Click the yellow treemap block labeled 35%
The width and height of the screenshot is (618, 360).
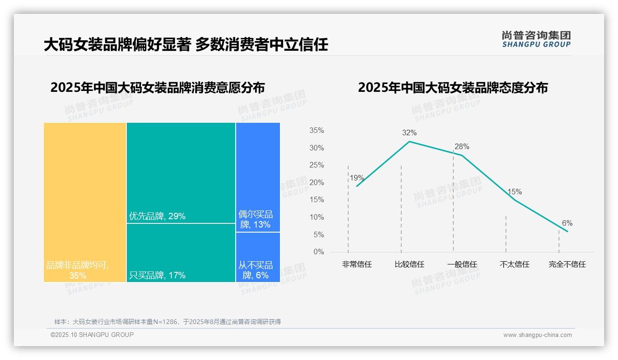tap(85, 202)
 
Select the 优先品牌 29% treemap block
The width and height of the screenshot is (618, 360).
tap(181, 173)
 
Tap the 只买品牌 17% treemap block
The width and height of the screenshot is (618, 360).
tap(181, 252)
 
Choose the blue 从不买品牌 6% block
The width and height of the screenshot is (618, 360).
tap(258, 257)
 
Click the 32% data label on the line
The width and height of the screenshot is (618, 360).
tap(409, 133)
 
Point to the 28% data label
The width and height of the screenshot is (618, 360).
tap(462, 147)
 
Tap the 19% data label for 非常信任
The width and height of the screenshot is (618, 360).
tap(357, 178)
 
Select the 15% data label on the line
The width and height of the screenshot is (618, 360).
tap(514, 192)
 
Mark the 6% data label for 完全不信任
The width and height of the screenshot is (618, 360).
tap(567, 223)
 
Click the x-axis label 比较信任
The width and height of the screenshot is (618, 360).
tap(409, 264)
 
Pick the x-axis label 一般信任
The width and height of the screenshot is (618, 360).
tap(462, 264)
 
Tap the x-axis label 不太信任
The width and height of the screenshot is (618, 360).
tap(514, 264)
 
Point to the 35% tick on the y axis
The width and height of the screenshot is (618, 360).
tap(316, 131)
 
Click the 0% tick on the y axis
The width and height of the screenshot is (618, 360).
tap(319, 252)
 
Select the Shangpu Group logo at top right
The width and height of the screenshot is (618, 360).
tap(536, 39)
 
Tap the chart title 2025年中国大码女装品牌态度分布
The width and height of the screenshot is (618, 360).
tap(452, 88)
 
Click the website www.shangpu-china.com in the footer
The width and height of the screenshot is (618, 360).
tap(537, 335)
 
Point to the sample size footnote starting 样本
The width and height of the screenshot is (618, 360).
tap(167, 322)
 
